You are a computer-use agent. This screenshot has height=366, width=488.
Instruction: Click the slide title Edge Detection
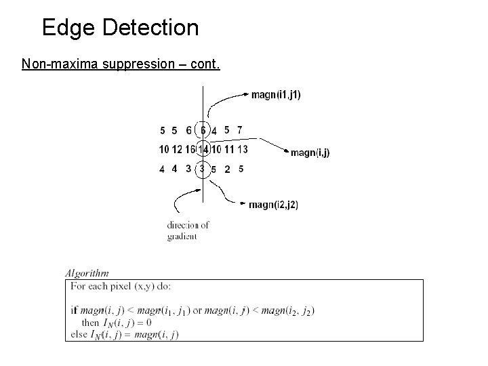120,28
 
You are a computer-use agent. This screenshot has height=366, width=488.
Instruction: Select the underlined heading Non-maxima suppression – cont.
121,64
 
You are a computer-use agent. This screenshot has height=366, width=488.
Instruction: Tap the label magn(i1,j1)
276,95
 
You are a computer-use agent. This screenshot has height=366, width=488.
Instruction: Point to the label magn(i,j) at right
310,153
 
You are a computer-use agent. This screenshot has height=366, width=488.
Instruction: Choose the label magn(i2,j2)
273,205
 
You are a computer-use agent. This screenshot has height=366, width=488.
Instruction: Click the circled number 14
203,149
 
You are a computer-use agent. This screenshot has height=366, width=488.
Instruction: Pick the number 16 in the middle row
190,149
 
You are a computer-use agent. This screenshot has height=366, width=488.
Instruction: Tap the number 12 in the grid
177,149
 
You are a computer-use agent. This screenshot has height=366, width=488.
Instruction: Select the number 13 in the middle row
243,149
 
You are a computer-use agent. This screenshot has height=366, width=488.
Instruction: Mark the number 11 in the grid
229,149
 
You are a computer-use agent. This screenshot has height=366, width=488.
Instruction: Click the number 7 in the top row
240,129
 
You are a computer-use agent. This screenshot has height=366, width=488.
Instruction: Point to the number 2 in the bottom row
227,169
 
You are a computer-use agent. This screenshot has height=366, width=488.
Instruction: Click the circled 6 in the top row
203,129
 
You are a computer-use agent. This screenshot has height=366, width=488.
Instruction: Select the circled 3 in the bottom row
202,169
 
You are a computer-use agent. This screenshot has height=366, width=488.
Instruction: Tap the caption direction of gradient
188,230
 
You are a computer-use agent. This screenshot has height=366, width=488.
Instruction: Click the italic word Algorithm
87,273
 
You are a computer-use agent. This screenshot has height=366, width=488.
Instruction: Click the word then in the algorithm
89,322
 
